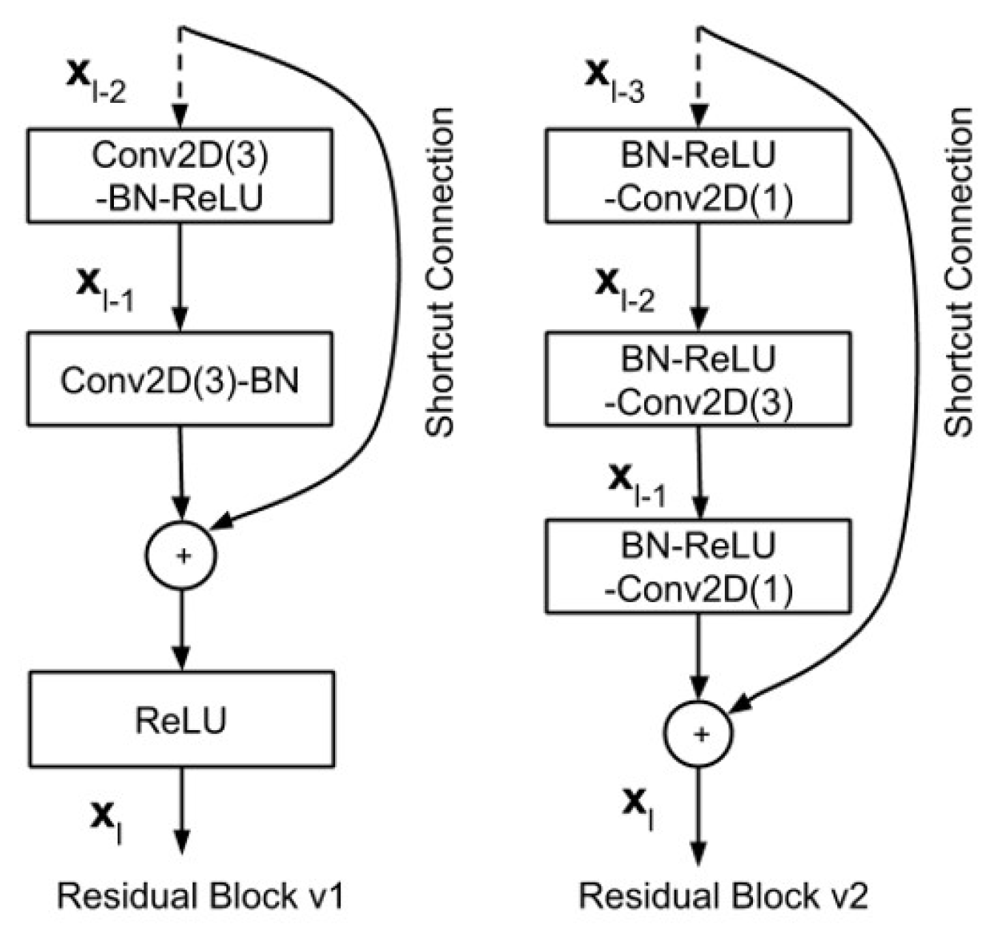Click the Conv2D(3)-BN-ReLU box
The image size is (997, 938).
click(180, 176)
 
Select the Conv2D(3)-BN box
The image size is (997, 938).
click(180, 379)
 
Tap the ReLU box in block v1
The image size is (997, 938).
click(181, 718)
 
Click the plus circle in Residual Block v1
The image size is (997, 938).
click(182, 555)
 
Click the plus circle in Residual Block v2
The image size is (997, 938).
click(699, 733)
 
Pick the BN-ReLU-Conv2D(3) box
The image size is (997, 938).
click(697, 379)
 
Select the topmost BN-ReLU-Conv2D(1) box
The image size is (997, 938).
click(697, 176)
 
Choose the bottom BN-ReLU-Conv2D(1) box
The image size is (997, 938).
click(697, 566)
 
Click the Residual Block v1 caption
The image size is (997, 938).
click(201, 896)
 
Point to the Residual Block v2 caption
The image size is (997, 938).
click(723, 896)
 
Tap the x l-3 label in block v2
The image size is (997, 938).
click(614, 80)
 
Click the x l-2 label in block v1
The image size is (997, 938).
click(96, 80)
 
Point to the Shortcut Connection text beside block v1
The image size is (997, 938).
click(441, 272)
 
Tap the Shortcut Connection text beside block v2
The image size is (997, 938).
click(960, 272)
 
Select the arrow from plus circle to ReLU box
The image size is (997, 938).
click(181, 629)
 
